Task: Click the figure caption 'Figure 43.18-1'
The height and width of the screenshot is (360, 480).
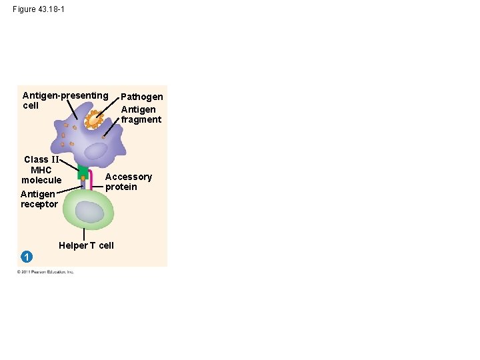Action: (x=39, y=9)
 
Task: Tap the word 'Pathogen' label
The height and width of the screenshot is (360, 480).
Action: (x=141, y=97)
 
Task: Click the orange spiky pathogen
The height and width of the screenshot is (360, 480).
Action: (x=93, y=121)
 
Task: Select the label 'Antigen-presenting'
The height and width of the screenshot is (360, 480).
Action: (x=65, y=95)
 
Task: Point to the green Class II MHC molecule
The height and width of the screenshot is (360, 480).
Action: (x=83, y=172)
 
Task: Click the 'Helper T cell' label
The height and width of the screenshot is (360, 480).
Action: (x=86, y=245)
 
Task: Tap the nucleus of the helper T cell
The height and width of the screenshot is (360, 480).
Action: (x=89, y=211)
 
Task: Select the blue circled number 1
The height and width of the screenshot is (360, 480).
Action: (x=25, y=257)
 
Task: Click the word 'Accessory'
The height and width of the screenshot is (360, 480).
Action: (x=129, y=177)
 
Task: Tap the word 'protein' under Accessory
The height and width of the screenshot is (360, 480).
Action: (x=121, y=187)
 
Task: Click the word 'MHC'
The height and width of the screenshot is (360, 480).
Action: (x=41, y=170)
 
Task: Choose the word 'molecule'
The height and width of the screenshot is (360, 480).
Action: (x=41, y=180)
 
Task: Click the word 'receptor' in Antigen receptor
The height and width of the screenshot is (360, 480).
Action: (x=39, y=204)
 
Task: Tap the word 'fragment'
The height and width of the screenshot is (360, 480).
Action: (x=141, y=119)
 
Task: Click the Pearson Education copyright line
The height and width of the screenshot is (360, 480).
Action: (x=45, y=271)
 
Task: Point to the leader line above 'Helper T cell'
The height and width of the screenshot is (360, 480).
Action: (x=84, y=234)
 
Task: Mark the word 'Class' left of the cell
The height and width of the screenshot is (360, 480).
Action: (x=36, y=159)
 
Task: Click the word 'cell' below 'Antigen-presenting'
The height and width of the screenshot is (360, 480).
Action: (x=31, y=105)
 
